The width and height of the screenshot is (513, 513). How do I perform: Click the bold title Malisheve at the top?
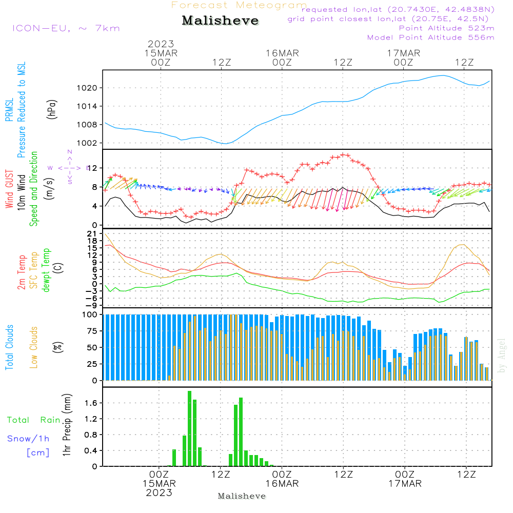point(220,21)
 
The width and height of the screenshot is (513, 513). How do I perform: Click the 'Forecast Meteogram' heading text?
point(239,5)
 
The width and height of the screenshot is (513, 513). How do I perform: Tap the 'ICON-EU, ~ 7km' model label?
point(66,28)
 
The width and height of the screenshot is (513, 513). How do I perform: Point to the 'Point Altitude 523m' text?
point(446,28)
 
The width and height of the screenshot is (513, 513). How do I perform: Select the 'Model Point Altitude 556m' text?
point(431,37)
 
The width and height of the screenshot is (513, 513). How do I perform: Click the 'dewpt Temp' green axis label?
point(47,270)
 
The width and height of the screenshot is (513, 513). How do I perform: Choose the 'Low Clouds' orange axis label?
point(34,347)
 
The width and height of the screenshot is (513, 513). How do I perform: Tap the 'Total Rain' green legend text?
point(34,420)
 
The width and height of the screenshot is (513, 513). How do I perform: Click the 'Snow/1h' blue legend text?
point(29,439)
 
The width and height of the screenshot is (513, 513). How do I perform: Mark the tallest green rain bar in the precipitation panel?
point(189,428)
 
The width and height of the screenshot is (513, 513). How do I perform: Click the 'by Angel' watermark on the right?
point(502,356)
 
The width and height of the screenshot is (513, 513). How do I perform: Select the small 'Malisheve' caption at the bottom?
point(242,496)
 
